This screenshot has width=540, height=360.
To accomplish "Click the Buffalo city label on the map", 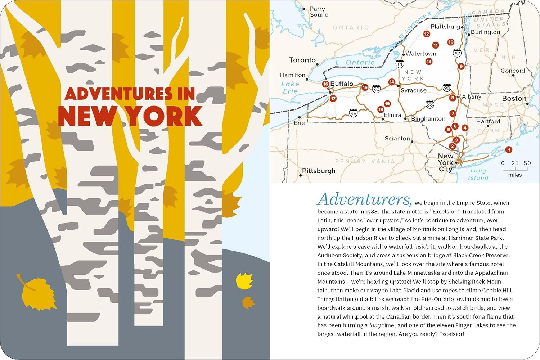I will (342, 84).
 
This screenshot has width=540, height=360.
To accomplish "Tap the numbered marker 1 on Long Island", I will (508, 150).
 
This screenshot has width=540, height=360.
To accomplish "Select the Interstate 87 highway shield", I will (457, 54).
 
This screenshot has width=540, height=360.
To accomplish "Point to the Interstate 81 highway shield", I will (400, 64).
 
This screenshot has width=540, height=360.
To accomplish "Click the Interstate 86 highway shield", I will (353, 113).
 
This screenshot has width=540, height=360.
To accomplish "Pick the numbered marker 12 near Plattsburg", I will (427, 34).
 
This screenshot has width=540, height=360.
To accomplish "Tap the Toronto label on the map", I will (302, 60).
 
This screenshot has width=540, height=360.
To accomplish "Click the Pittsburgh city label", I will (319, 171).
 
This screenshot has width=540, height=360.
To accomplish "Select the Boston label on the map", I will (514, 98).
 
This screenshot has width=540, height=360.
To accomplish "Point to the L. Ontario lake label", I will (355, 62).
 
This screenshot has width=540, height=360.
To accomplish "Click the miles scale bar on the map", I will (515, 168).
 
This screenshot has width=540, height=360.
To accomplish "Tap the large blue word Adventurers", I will (364, 199).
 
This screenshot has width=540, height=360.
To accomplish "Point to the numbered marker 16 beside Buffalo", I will (325, 84).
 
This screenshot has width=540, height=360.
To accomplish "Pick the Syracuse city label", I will (413, 90).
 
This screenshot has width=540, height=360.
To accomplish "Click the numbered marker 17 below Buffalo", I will (333, 98).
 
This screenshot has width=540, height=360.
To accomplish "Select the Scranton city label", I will (397, 139).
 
